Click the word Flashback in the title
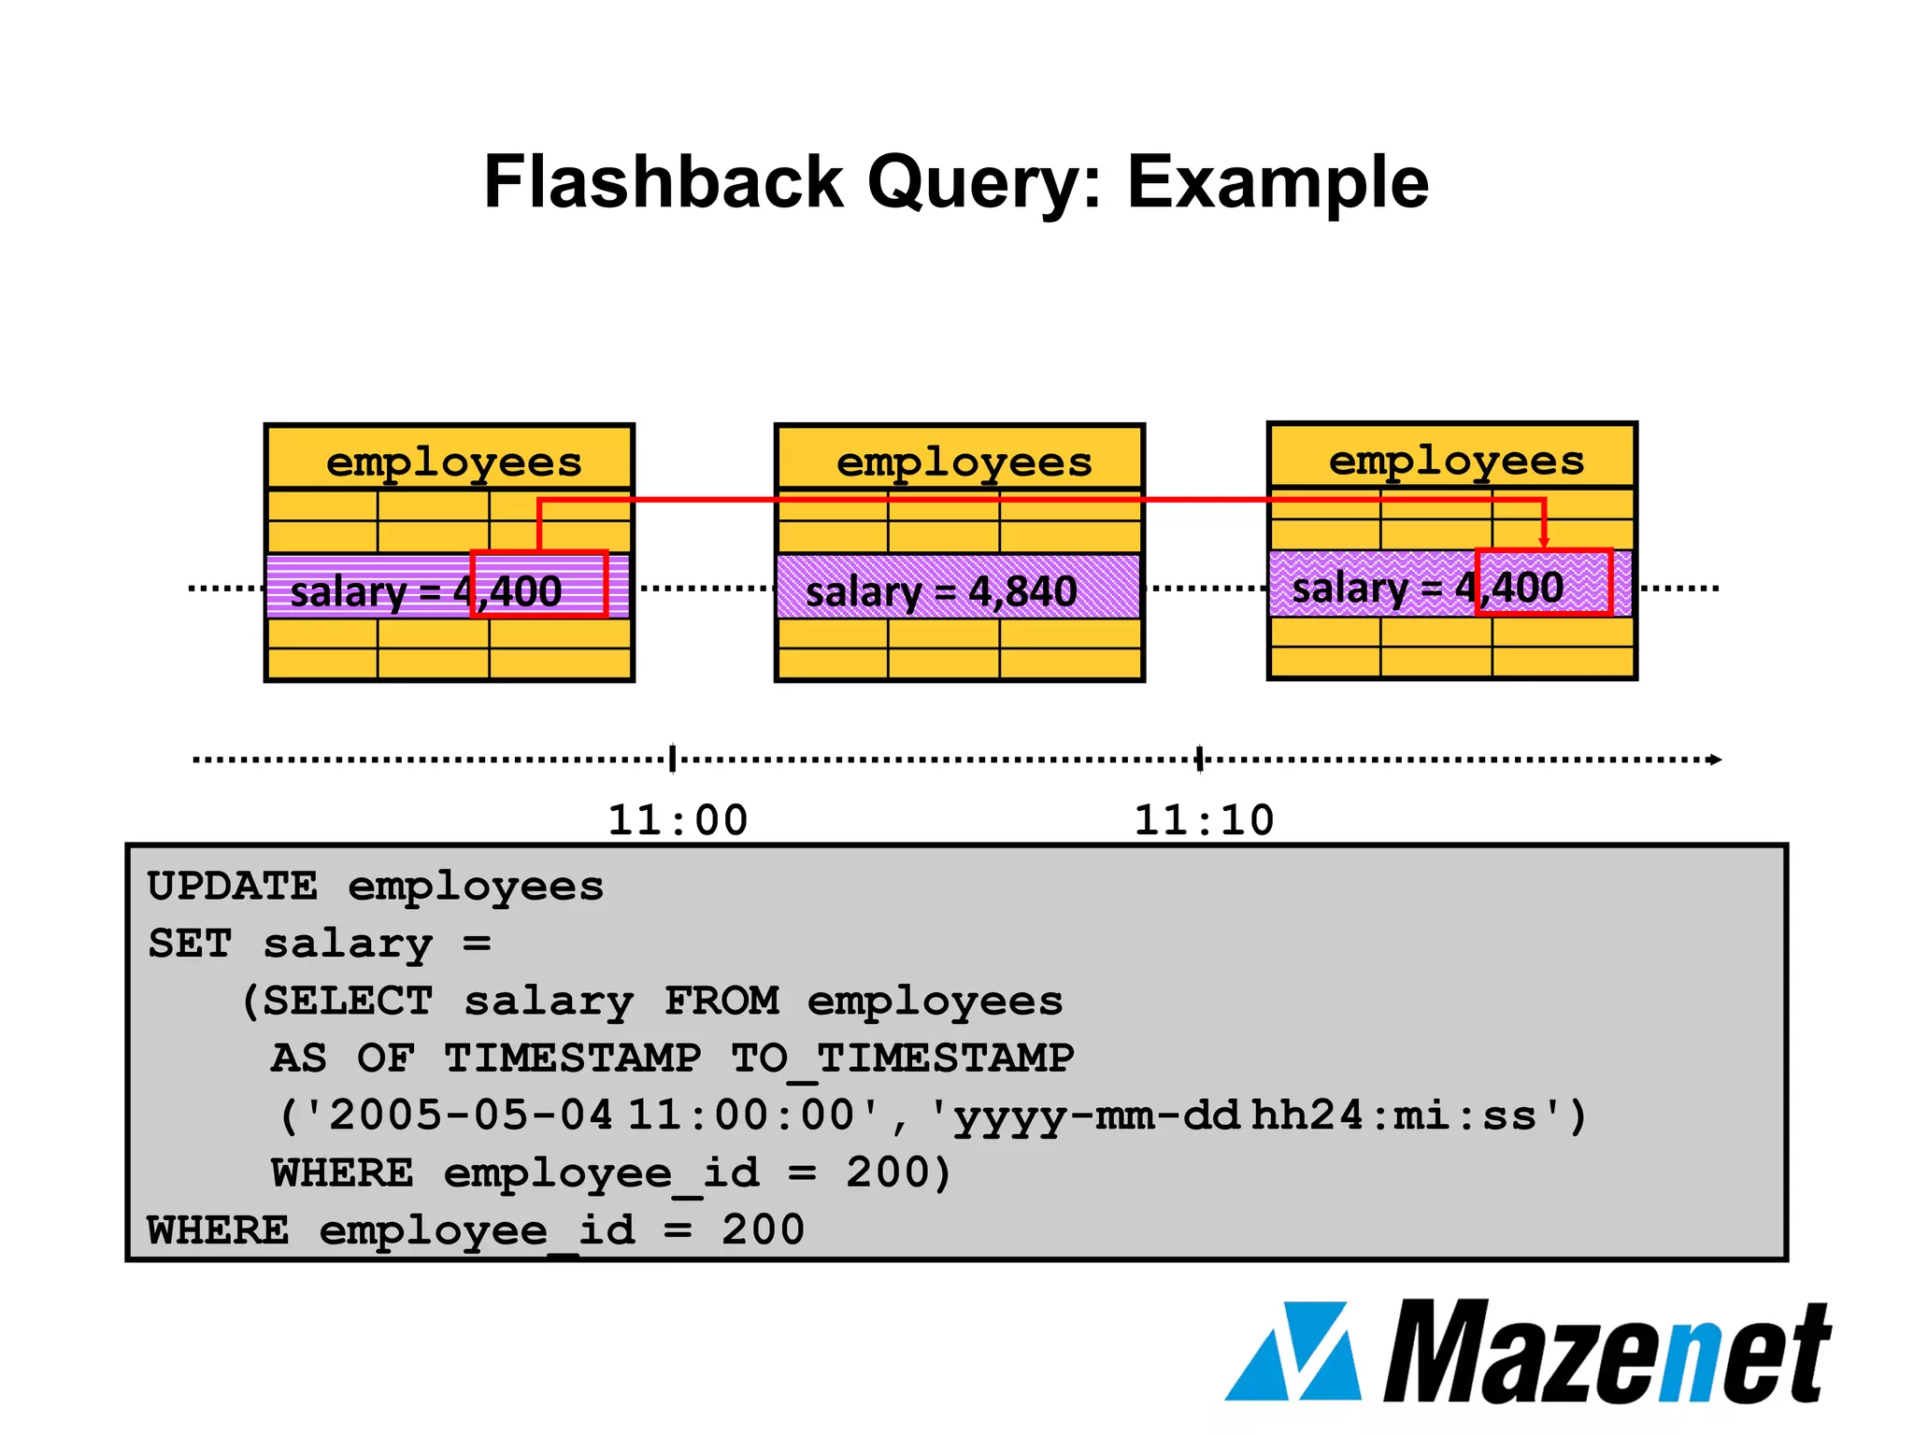tap(664, 182)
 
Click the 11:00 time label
tap(678, 820)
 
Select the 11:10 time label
tap(1204, 820)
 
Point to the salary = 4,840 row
tap(958, 589)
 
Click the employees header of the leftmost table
tap(453, 462)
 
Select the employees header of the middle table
tap(964, 462)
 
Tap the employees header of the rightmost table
tap(1456, 460)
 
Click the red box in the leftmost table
tap(539, 584)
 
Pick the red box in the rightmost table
tap(1544, 581)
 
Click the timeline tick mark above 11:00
tap(673, 759)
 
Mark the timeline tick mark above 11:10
tap(1200, 759)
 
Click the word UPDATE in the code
tap(233, 887)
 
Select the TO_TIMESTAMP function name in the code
tap(903, 1058)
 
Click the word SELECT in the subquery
tap(348, 1002)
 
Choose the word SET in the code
tap(190, 944)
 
